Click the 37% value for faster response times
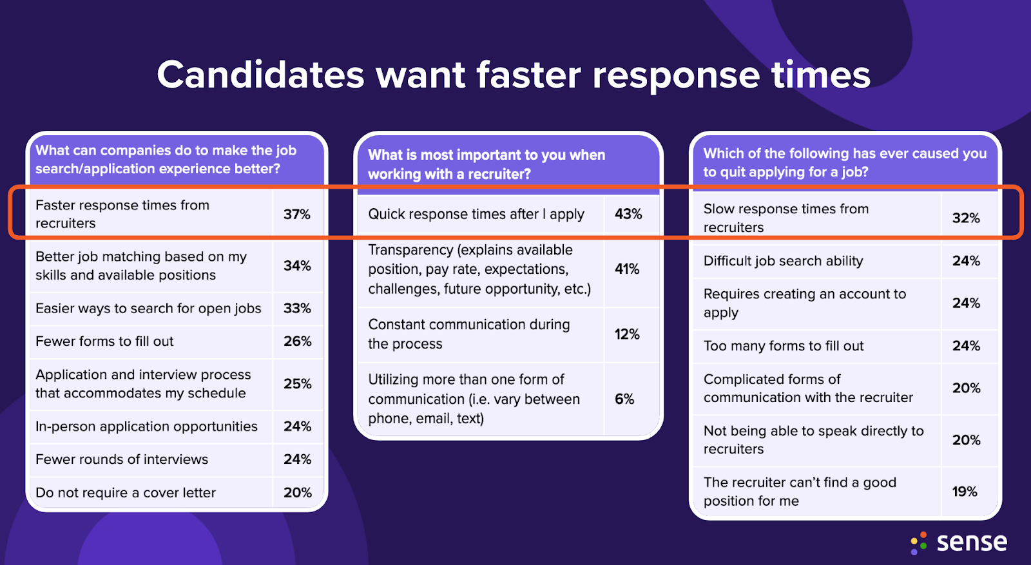(x=296, y=214)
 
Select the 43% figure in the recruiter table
(x=628, y=214)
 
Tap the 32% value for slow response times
(x=966, y=218)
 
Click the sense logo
(x=959, y=542)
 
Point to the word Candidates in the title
(x=260, y=75)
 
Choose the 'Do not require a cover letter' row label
(x=126, y=493)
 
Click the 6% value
(x=624, y=399)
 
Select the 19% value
(x=965, y=492)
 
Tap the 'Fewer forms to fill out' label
(x=104, y=341)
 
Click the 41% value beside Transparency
(x=627, y=269)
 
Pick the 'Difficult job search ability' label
(x=783, y=261)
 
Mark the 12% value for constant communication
(x=627, y=334)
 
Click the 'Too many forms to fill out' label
(x=784, y=346)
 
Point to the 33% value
(x=297, y=308)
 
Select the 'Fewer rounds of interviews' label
(x=122, y=459)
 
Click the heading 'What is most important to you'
(x=487, y=155)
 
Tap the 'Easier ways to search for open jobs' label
(x=148, y=309)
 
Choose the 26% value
(x=297, y=341)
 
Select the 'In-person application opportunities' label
(x=146, y=426)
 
